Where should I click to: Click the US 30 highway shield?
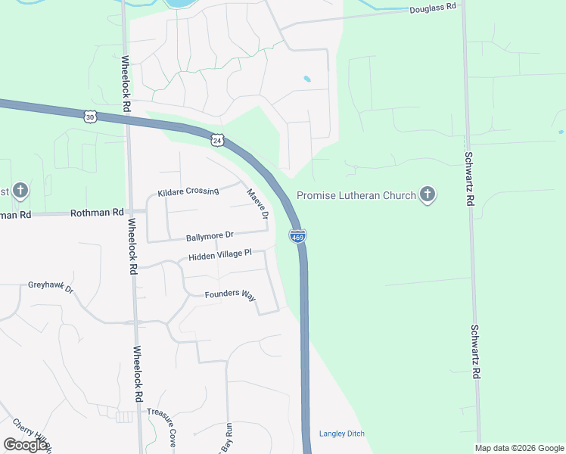point(91,116)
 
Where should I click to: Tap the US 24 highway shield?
point(217,141)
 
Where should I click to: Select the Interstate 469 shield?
point(297,236)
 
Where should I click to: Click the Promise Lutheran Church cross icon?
point(428,195)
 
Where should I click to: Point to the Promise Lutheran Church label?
point(356,196)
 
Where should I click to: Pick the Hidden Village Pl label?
point(219,255)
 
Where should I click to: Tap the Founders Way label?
point(230,294)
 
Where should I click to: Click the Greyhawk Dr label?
point(51,288)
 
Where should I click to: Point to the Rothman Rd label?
point(97,213)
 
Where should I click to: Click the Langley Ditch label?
point(341,434)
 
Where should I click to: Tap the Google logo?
point(26,445)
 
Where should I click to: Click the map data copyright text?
point(519,448)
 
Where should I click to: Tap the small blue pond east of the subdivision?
point(306,79)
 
